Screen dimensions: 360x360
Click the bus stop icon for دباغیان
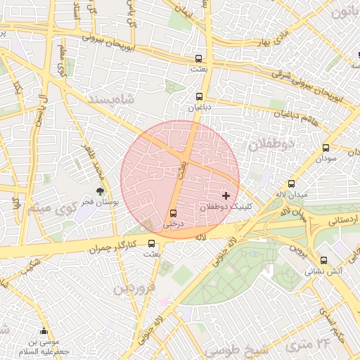pyautogui.click(x=199, y=97)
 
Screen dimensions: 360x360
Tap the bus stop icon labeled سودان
pyautogui.click(x=325, y=148)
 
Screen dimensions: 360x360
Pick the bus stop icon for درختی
pyautogui.click(x=173, y=213)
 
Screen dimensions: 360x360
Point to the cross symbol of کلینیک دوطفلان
pyautogui.click(x=226, y=195)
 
